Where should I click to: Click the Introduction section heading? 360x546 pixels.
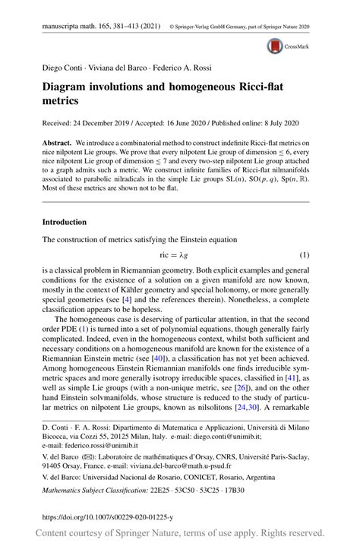coord(65,222)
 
